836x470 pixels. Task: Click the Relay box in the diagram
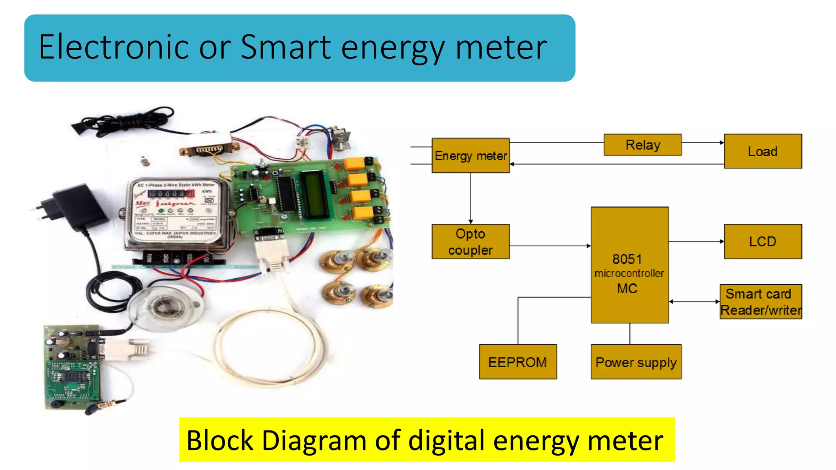click(642, 145)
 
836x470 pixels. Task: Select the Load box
click(763, 151)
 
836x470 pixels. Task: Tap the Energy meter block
click(470, 155)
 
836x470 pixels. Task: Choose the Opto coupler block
click(470, 242)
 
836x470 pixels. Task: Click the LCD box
click(763, 242)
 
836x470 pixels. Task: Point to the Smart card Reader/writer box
click(760, 302)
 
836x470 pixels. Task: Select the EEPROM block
click(517, 362)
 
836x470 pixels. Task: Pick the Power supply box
click(636, 362)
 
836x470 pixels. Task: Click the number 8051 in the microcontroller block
click(627, 259)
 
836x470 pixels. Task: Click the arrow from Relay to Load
click(703, 143)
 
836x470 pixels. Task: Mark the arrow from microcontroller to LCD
click(696, 242)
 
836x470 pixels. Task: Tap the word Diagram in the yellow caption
click(314, 441)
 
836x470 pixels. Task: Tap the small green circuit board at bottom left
click(72, 367)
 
